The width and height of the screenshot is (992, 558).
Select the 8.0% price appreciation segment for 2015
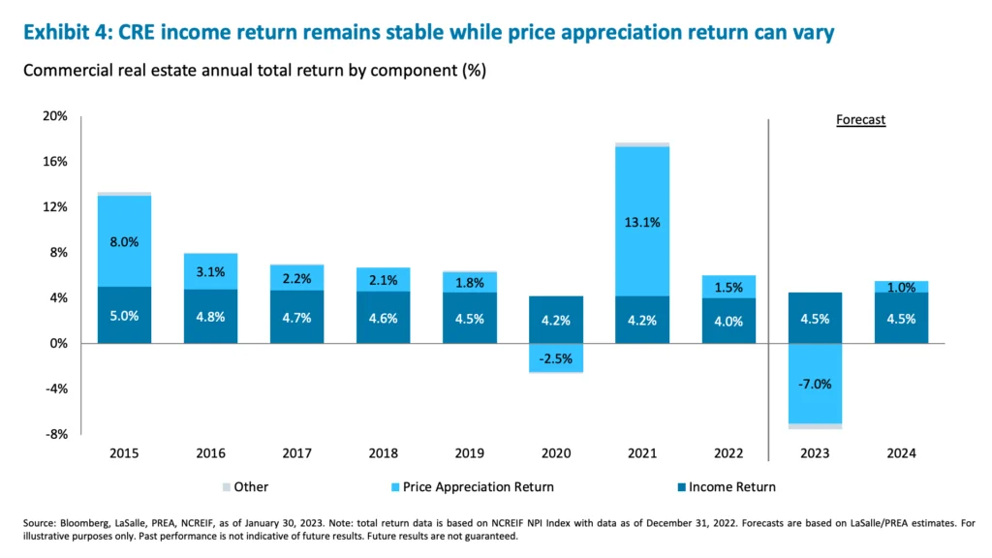pyautogui.click(x=124, y=241)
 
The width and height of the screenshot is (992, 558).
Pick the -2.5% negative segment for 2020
pyautogui.click(x=555, y=357)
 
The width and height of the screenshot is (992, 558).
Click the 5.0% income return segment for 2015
pyautogui.click(x=124, y=315)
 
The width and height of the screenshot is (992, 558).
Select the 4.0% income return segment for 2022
pyautogui.click(x=728, y=321)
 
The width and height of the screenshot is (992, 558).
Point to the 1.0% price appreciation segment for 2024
pyautogui.click(x=901, y=287)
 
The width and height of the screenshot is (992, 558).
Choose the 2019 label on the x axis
pyautogui.click(x=469, y=453)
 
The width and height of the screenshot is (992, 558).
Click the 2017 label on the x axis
pyautogui.click(x=296, y=453)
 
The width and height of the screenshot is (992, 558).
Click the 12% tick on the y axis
pyautogui.click(x=54, y=207)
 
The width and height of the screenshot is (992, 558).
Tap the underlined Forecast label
pyautogui.click(x=860, y=121)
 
